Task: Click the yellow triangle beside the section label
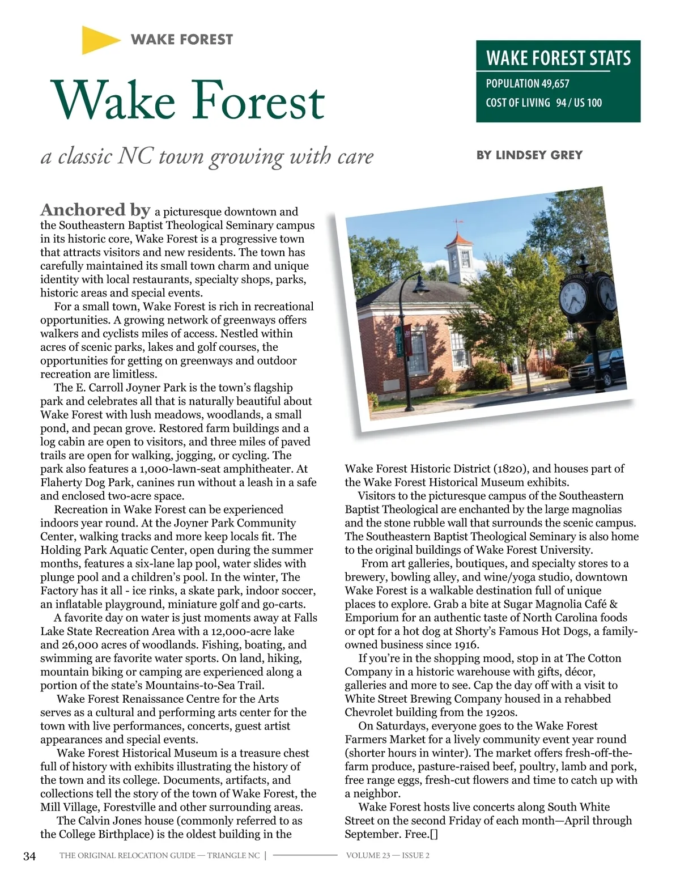(98, 40)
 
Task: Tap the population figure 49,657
(555, 84)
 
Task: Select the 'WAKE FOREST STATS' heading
(558, 58)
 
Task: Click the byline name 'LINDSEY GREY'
(539, 155)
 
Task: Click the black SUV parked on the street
(595, 371)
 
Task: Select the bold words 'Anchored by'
(95, 210)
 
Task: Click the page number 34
(29, 856)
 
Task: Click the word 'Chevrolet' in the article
(372, 712)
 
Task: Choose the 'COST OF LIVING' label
(518, 103)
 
